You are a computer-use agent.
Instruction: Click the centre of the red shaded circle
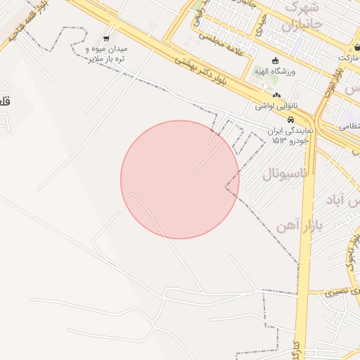pos(180,179)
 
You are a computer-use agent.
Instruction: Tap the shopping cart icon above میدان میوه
pos(106,38)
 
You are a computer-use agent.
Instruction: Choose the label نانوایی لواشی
pos(276,107)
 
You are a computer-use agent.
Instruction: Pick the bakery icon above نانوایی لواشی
pos(276,96)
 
